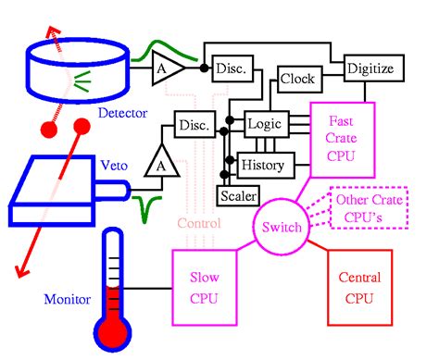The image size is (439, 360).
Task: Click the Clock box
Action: (x=297, y=80)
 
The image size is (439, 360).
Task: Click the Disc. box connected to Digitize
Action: (x=231, y=68)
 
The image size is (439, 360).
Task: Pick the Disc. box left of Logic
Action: (x=194, y=124)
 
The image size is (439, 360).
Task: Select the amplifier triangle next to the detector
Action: (x=168, y=69)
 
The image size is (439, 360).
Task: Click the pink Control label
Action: (x=199, y=223)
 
